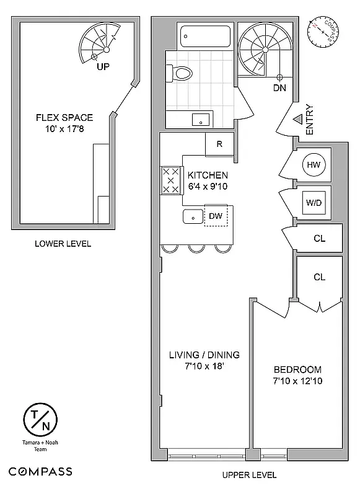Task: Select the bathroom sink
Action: click(x=200, y=118)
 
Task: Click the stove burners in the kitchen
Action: click(x=170, y=180)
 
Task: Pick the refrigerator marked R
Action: click(x=219, y=144)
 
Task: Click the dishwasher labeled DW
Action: click(x=216, y=216)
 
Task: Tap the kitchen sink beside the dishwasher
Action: click(x=191, y=217)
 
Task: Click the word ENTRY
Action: click(x=310, y=119)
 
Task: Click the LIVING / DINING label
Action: click(x=204, y=355)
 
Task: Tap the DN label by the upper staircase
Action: click(x=279, y=88)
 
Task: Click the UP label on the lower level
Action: click(x=103, y=66)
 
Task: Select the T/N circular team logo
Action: click(x=40, y=420)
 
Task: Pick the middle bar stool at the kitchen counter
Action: click(x=197, y=249)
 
